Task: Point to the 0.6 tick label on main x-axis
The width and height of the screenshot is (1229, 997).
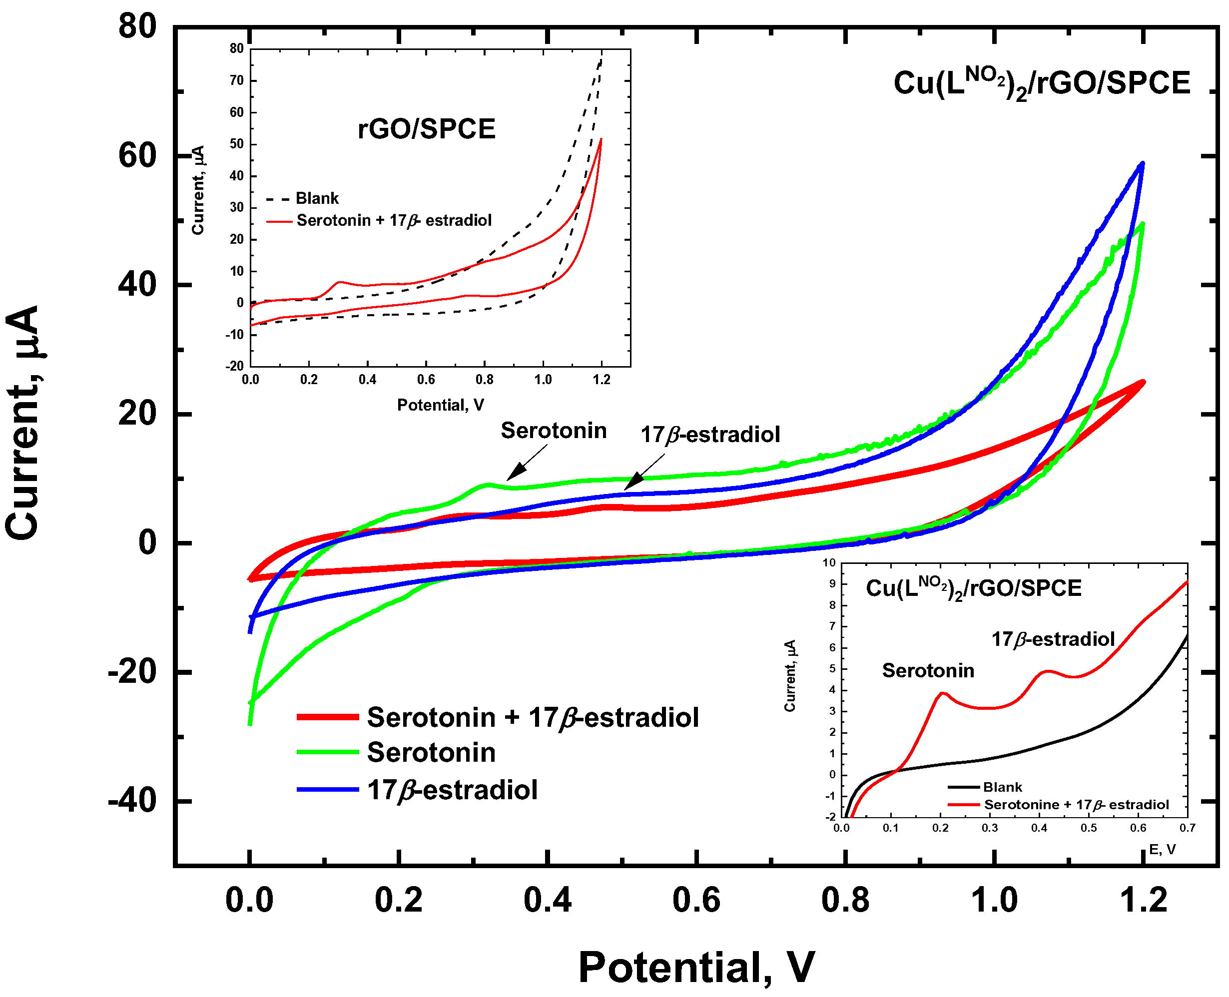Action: [696, 900]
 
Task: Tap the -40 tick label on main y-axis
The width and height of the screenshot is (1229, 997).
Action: [132, 801]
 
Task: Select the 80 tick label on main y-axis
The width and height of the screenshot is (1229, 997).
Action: [137, 26]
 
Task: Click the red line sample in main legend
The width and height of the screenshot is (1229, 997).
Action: [328, 717]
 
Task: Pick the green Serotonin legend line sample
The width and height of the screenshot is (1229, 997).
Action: [328, 752]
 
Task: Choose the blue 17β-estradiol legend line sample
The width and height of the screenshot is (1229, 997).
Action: [328, 790]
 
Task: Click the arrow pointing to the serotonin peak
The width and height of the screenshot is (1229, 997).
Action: [526, 464]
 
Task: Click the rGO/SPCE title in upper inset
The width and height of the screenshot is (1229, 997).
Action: [426, 129]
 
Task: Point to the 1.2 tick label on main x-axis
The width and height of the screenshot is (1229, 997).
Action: [1143, 900]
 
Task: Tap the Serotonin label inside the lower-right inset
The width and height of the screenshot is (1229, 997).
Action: [927, 671]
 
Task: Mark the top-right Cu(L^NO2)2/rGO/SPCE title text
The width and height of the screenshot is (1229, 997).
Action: [1041, 84]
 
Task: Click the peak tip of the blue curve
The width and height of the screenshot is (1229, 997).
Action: [1142, 164]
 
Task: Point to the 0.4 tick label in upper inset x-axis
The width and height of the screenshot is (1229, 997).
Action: [368, 380]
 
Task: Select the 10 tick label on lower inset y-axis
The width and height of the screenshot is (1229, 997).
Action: [829, 562]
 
